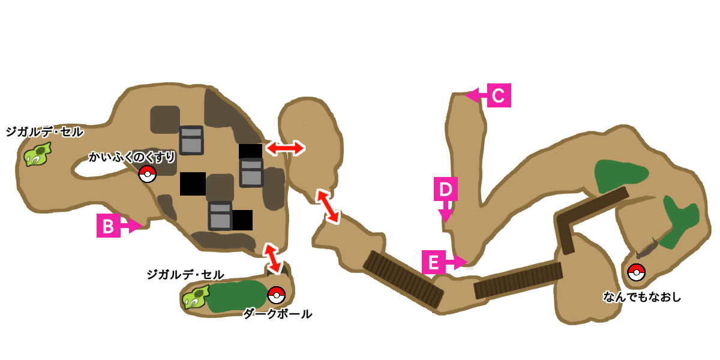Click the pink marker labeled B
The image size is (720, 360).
(109, 226)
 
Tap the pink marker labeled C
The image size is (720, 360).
(499, 95)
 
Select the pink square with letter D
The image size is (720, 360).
(445, 189)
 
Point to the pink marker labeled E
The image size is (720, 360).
(434, 262)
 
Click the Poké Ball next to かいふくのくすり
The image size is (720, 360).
(147, 174)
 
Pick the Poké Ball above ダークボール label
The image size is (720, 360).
(276, 295)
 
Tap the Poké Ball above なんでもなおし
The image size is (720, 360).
(636, 272)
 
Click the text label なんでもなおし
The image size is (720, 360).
(643, 296)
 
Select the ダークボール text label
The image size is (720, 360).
(277, 314)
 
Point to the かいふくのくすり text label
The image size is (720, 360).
(132, 157)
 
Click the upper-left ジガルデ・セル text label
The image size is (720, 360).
(43, 131)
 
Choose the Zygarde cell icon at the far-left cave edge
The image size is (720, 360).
(37, 155)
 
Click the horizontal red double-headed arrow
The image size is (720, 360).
(285, 148)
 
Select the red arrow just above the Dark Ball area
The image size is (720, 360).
(272, 258)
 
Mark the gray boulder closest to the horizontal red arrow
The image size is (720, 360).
(251, 173)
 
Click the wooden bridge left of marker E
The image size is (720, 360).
(403, 279)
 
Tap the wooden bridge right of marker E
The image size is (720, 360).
(518, 280)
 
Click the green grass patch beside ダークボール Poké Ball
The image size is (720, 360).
(236, 296)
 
